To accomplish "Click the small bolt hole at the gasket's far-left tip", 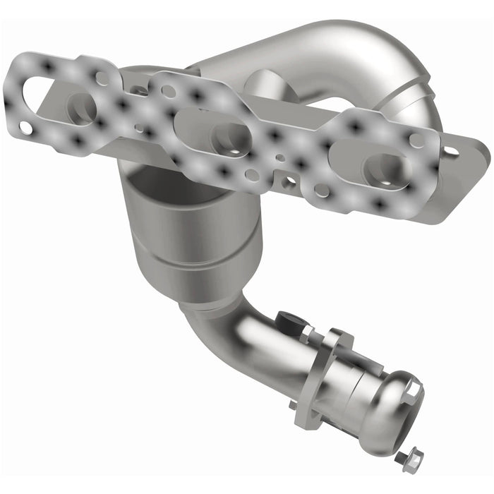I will (24, 128).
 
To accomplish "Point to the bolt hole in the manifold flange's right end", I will (450, 150).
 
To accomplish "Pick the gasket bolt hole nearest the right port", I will (416, 140).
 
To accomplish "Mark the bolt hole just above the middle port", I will (168, 91).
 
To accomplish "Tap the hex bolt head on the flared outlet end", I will (413, 388).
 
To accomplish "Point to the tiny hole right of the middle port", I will (280, 158).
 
